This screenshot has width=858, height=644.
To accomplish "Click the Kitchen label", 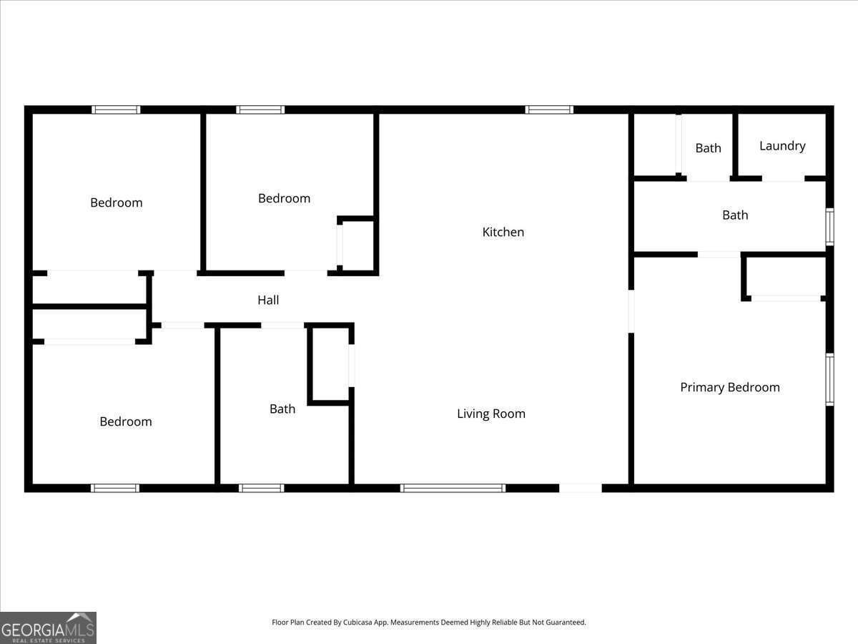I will click(503, 232).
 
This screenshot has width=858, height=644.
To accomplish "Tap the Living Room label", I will click(490, 414).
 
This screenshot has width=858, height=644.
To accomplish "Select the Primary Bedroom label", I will click(729, 387).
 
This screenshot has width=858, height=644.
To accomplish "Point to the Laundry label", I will click(781, 146).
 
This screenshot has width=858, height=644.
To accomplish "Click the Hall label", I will click(268, 301).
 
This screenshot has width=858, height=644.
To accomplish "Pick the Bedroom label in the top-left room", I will click(116, 203).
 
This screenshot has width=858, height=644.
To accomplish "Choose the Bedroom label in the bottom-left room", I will click(125, 421).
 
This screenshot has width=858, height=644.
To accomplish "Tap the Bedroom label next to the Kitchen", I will click(284, 198).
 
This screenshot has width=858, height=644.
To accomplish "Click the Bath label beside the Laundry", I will click(708, 148).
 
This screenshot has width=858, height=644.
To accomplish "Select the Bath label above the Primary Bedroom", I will click(734, 215).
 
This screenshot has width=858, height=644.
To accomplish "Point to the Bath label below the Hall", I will click(282, 409).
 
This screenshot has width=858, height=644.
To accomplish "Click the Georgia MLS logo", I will click(48, 628).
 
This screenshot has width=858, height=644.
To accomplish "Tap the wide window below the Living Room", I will click(453, 488).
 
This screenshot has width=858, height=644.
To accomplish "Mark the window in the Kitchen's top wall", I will click(548, 109).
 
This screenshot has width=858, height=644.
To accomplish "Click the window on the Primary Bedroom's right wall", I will click(829, 379).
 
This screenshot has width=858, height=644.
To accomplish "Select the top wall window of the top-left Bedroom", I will click(116, 109).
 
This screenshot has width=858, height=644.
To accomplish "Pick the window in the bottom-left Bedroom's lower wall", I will click(115, 488).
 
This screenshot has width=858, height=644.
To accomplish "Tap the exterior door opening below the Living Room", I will click(580, 488).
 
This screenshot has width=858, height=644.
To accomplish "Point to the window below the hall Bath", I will click(261, 488).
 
